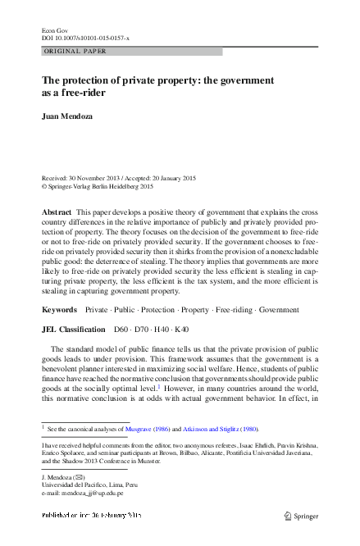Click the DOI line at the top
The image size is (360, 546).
point(81,37)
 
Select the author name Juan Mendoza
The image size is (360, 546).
point(67,116)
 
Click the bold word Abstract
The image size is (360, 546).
point(57,212)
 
